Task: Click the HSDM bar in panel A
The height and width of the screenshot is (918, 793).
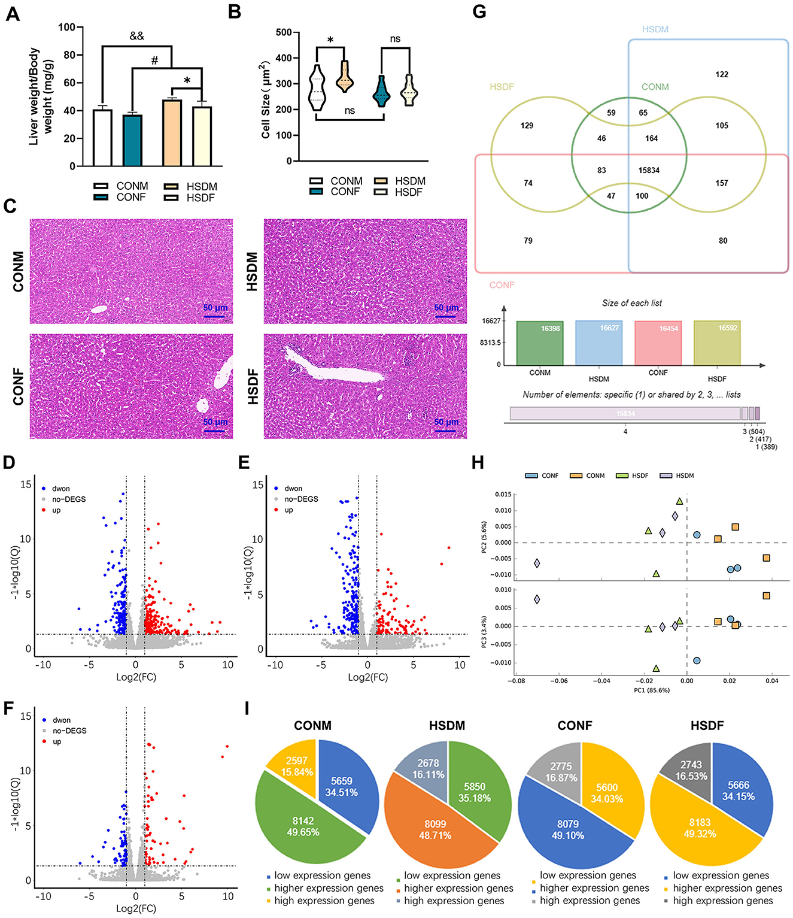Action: click(x=172, y=133)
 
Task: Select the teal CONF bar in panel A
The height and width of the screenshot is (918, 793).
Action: click(x=132, y=140)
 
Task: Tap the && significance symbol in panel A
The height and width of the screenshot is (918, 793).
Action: click(x=136, y=36)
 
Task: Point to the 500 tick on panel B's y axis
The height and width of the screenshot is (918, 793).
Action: click(x=284, y=32)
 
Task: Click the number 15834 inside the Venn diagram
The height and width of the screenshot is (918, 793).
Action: click(x=649, y=170)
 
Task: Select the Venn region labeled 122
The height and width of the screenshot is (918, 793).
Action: click(x=722, y=74)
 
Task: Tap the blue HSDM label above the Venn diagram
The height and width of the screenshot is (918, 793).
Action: click(x=655, y=29)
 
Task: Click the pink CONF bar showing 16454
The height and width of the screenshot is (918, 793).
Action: click(x=658, y=343)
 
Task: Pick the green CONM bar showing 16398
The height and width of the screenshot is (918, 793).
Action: click(x=539, y=343)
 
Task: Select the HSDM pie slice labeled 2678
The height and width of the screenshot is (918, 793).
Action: click(x=428, y=768)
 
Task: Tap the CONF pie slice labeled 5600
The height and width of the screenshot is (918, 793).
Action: click(x=606, y=793)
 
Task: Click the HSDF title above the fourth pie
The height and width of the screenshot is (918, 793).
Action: click(x=707, y=726)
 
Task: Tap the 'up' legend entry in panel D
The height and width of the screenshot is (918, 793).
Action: click(x=56, y=510)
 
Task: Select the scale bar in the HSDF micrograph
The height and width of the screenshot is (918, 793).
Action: click(x=446, y=431)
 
